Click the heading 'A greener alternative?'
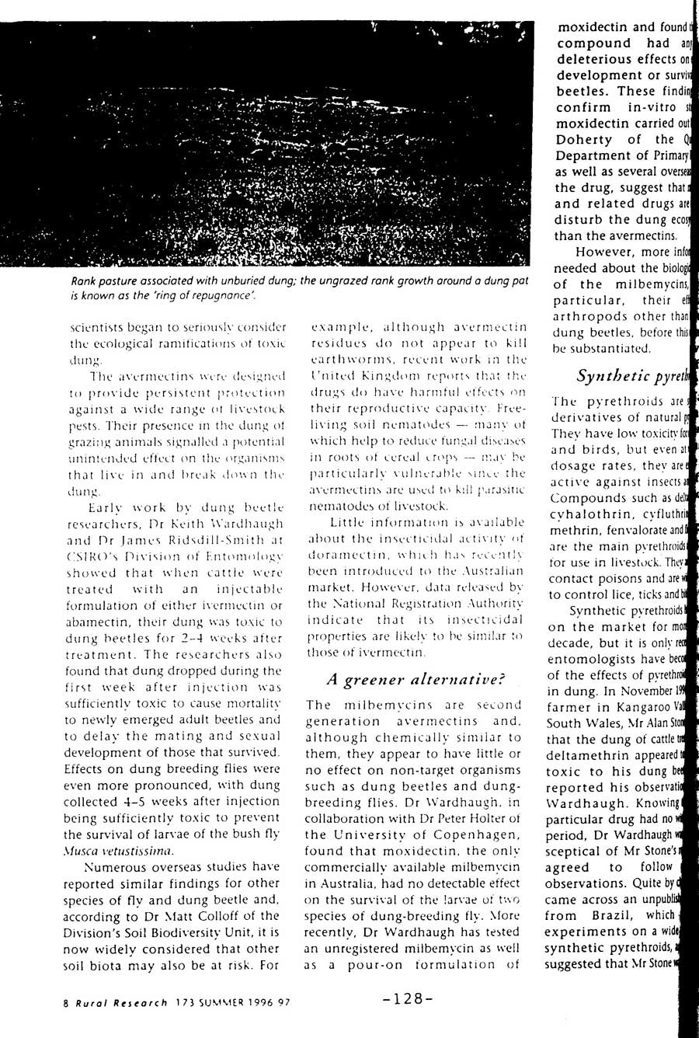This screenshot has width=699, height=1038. click(416, 679)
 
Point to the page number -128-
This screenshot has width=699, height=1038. click(403, 998)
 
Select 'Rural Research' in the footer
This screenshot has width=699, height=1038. click(107, 1002)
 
